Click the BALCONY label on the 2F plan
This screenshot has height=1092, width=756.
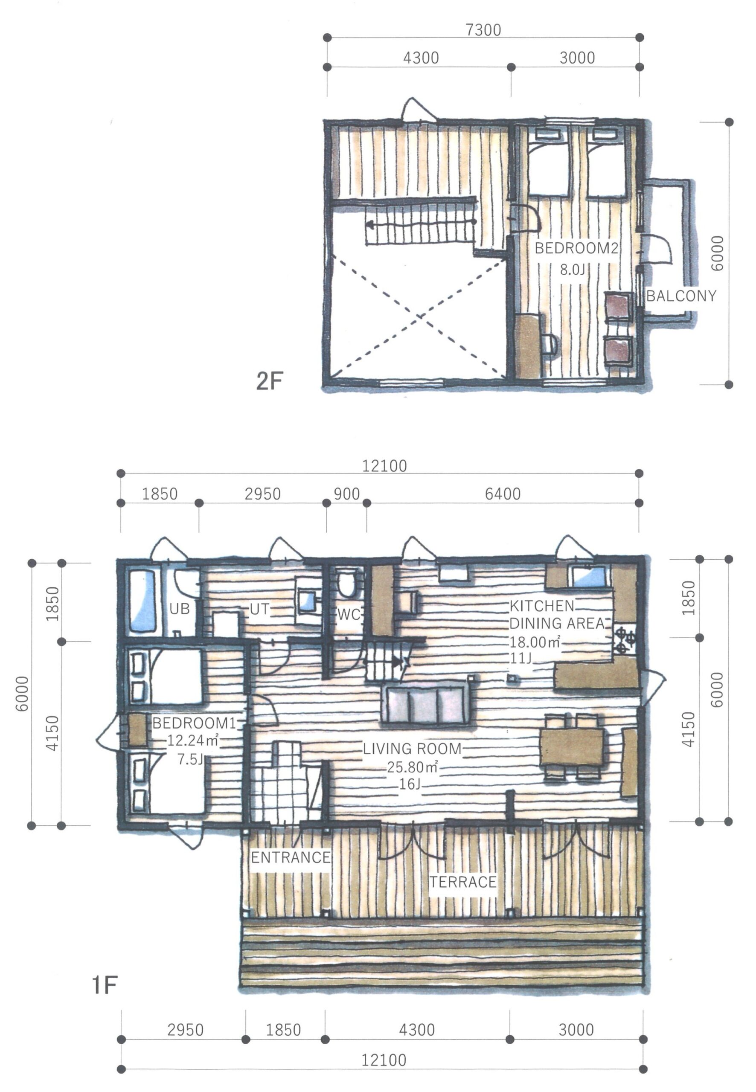(680, 296)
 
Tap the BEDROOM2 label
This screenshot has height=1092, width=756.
(576, 248)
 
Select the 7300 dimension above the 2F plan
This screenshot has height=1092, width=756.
(483, 30)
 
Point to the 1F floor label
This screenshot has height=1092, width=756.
(104, 985)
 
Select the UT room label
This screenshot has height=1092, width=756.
(259, 609)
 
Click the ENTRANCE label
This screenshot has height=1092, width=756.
(291, 857)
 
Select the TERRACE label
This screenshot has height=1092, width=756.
(463, 882)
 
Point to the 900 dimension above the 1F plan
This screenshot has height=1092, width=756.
(347, 494)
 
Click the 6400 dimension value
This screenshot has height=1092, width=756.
(503, 494)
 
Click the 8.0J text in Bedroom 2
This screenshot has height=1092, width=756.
(573, 270)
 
